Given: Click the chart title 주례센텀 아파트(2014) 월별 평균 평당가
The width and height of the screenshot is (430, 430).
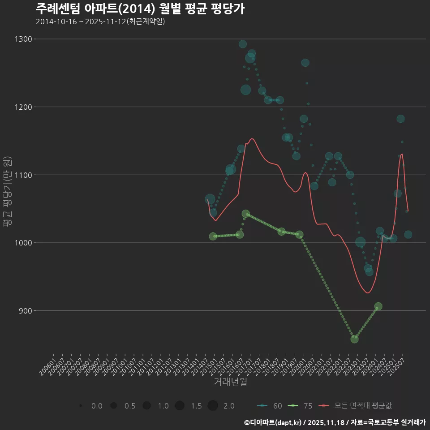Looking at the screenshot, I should pyautogui.click(x=140, y=9).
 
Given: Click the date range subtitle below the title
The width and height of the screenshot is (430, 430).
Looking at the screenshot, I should pyautogui.click(x=100, y=22).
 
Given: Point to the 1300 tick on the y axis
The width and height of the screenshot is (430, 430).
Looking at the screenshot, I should pyautogui.click(x=23, y=39).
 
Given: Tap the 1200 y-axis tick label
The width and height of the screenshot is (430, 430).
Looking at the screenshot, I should pyautogui.click(x=23, y=107).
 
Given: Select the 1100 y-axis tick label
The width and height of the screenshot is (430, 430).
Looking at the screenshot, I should pyautogui.click(x=23, y=175).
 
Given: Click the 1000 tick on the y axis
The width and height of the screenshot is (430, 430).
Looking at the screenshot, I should pyautogui.click(x=23, y=243).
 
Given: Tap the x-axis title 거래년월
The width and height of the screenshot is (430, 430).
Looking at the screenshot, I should pyautogui.click(x=230, y=382).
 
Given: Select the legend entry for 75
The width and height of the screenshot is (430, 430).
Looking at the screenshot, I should pyautogui.click(x=301, y=406).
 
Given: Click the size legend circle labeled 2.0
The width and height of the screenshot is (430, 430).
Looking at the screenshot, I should pyautogui.click(x=213, y=406).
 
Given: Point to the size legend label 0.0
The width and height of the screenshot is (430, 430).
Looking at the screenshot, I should pyautogui.click(x=96, y=406).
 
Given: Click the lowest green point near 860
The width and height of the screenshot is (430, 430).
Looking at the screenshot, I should pyautogui.click(x=354, y=339).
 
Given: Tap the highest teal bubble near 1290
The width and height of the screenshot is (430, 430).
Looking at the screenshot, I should pyautogui.click(x=243, y=44).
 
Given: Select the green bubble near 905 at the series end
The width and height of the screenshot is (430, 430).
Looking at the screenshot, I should pyautogui.click(x=378, y=306).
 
